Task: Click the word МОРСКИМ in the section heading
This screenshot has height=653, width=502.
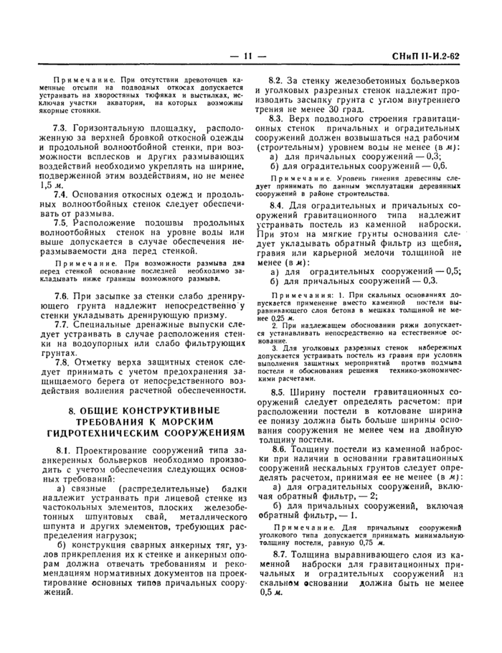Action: [x=200, y=421]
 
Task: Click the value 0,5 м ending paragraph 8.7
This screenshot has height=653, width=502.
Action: [x=266, y=593]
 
